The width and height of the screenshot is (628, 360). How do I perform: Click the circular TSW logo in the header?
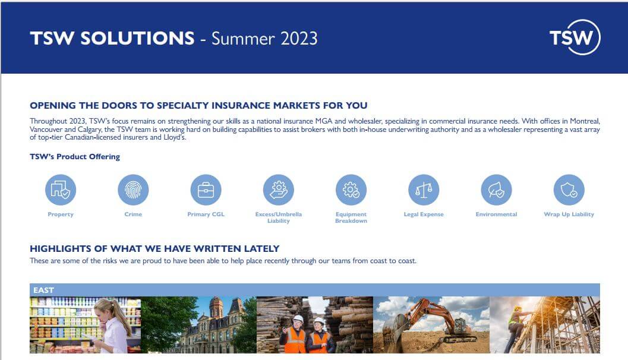tap(575, 37)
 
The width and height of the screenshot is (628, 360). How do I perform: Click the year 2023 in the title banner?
tap(299, 39)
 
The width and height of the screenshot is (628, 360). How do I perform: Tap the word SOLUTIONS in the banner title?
tap(137, 39)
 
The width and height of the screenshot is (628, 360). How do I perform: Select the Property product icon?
tap(61, 190)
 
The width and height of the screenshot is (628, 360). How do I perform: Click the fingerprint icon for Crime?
tap(133, 190)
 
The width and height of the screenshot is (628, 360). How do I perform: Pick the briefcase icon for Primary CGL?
tap(206, 190)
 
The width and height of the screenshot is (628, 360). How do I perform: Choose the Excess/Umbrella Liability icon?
tap(279, 190)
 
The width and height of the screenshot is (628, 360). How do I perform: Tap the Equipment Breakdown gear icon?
tap(351, 190)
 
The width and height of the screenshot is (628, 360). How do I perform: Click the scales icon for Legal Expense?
tap(424, 190)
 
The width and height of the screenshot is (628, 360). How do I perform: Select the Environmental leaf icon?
tap(496, 190)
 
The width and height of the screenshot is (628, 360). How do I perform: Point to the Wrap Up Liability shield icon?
tap(569, 190)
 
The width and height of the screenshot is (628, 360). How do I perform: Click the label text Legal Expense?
tap(424, 214)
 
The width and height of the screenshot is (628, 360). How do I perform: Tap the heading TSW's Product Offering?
tap(75, 157)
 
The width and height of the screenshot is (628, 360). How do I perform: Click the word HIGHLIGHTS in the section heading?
tap(61, 249)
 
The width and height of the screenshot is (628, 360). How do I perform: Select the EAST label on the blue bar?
tap(43, 290)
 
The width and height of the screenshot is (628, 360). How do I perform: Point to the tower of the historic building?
tap(216, 308)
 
